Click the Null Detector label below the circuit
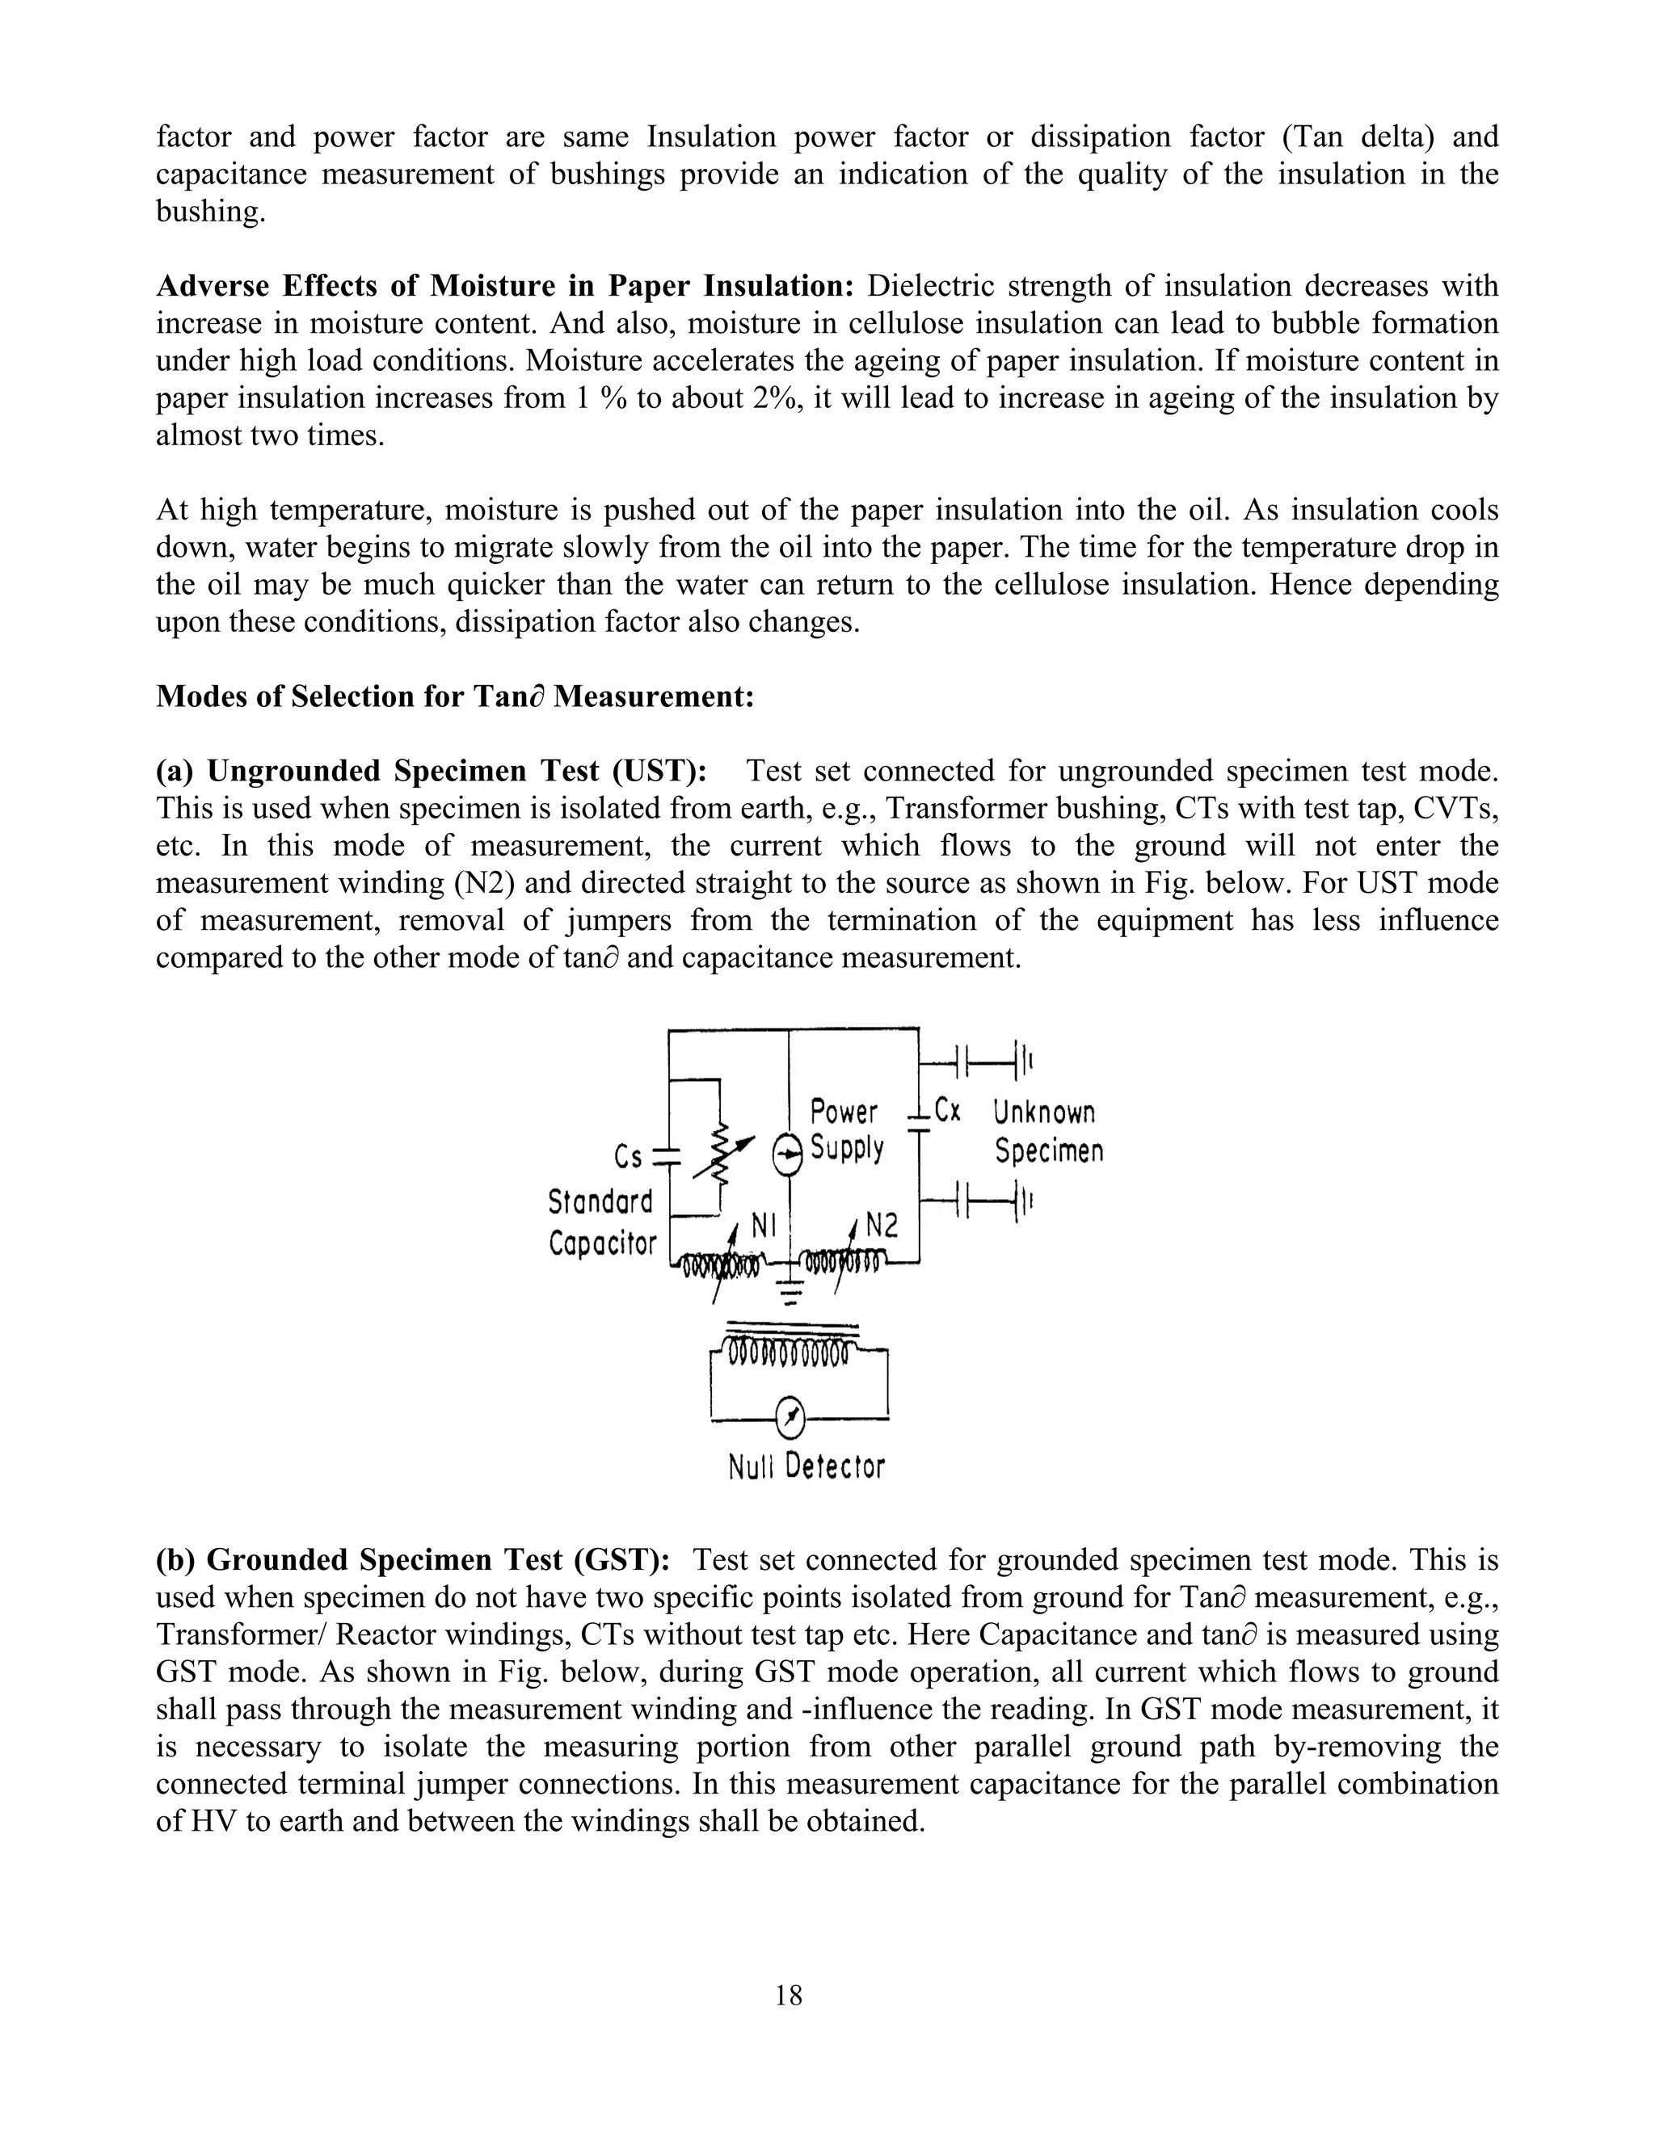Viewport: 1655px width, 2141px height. [x=806, y=1467]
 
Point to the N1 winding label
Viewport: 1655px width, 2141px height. [x=764, y=1226]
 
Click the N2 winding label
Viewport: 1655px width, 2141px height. [x=882, y=1226]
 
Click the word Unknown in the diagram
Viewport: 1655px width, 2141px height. [x=1043, y=1113]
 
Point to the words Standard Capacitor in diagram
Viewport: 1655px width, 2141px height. [x=601, y=1222]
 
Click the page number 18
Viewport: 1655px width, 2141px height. [x=788, y=1995]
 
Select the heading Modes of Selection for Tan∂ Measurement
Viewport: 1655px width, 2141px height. [x=455, y=697]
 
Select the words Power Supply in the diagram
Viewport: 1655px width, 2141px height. [x=845, y=1129]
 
